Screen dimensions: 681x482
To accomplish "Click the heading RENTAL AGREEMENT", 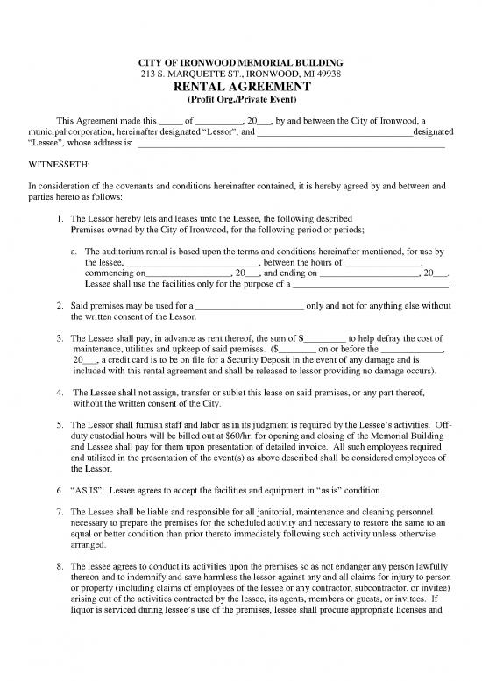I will pos(241,88).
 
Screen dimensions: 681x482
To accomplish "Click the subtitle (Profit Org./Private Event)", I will pos(241,102).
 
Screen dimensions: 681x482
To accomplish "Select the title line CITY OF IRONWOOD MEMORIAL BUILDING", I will pos(241,61).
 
